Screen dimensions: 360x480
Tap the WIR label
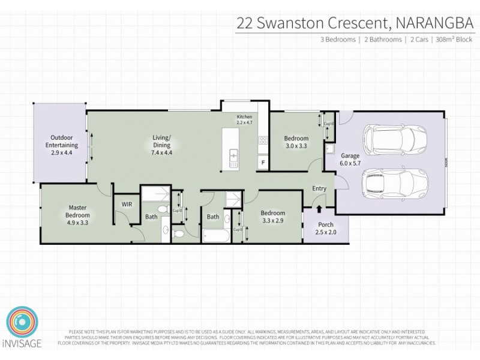point(127,205)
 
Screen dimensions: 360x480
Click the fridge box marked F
point(262,162)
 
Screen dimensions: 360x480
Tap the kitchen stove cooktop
point(262,141)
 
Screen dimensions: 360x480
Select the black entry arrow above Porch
point(319,209)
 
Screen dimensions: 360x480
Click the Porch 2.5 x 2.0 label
point(326,229)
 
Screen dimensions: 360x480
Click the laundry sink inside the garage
point(329,148)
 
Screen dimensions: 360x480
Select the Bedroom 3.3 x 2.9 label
point(272,217)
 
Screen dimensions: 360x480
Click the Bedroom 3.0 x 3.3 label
point(296,142)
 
